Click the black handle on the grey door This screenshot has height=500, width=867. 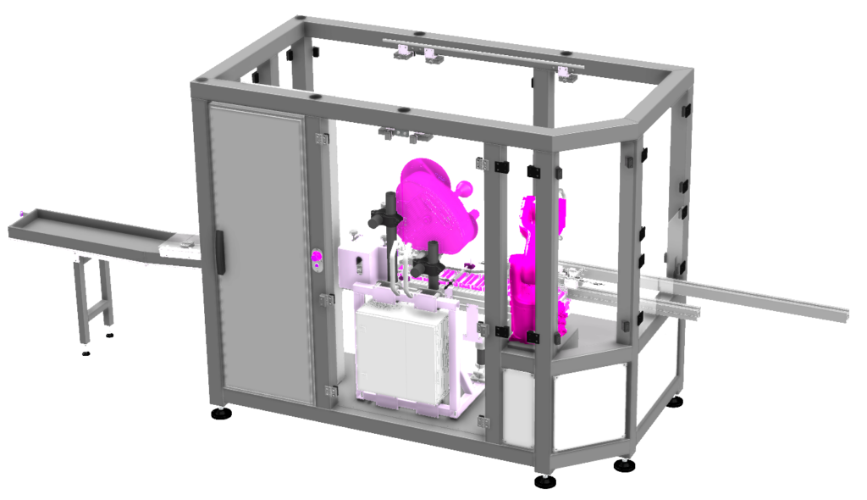(x=220, y=252)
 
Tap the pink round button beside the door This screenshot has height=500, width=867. (x=318, y=258)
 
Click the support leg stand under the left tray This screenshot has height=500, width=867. (x=94, y=292)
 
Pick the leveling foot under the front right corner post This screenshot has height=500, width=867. (x=545, y=481)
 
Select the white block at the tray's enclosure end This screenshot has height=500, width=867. (x=179, y=247)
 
